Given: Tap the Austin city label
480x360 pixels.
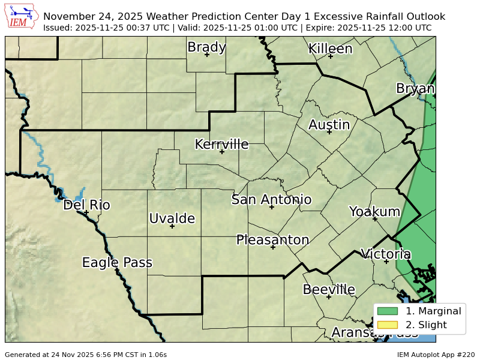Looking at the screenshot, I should pos(329,125).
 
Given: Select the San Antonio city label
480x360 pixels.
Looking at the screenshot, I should pos(271,200).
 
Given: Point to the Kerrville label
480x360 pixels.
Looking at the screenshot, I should pos(221,145).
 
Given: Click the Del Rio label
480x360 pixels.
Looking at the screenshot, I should pos(86,205).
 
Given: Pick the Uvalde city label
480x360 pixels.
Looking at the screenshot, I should pos(172,218).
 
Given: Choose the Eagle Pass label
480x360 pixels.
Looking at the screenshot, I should pos(117,263).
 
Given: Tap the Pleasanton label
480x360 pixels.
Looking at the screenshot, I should pos(272,240).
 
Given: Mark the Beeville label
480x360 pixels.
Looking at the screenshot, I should pos(329,290).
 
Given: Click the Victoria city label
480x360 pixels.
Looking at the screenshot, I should pos(386,254).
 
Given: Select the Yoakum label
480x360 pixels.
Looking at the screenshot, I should pos(374,212).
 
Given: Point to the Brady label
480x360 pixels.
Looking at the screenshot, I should pos(206,47).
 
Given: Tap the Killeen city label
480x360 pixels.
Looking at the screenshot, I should pos(330,49).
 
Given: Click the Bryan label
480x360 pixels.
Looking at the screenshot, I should pos(415,89).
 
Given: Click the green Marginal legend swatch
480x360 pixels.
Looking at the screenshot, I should pos(388,311).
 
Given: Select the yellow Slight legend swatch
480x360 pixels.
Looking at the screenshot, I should pos(388,325).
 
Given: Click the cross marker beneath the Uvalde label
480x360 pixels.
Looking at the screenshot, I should pos(172,226).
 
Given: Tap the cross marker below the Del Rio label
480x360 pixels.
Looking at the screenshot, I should pos(86,212).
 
